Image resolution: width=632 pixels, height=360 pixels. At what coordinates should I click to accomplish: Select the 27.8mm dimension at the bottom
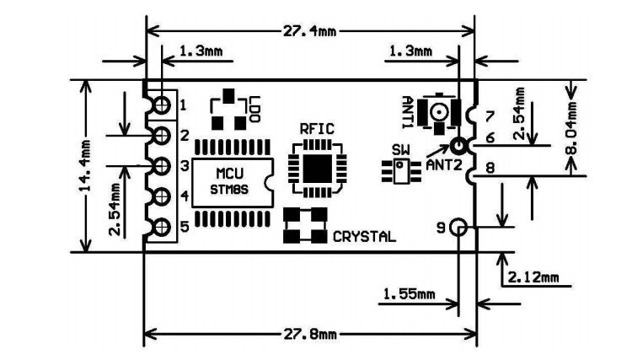[309, 334]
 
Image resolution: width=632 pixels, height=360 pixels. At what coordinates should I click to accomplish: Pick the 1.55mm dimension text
[409, 294]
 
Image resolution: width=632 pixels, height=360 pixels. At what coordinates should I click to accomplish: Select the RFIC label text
[317, 129]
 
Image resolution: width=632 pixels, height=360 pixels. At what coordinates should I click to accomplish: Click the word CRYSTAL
[364, 237]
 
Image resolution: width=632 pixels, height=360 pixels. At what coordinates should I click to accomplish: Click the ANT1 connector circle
[439, 110]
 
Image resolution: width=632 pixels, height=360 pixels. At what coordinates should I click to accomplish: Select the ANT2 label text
[444, 165]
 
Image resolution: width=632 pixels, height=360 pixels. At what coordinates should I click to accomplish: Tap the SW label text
[400, 150]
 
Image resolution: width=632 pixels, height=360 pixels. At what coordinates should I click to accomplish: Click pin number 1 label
[184, 105]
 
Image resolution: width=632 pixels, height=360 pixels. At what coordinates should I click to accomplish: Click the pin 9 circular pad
[458, 228]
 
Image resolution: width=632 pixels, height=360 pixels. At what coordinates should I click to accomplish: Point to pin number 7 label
[490, 115]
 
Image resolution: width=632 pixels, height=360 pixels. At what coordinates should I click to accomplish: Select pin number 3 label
[184, 166]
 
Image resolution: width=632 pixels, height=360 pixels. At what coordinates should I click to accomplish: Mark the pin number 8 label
[490, 168]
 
